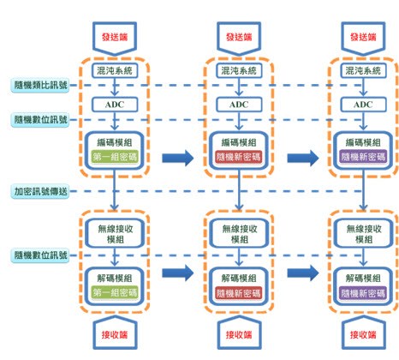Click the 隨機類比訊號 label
pyautogui.click(x=39, y=85)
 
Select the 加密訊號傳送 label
pyautogui.click(x=39, y=190)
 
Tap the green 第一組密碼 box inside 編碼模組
pyautogui.click(x=114, y=157)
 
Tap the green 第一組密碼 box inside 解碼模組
pyautogui.click(x=114, y=292)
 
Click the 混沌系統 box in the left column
pyautogui.click(x=114, y=71)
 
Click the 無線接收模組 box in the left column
pyautogui.click(x=114, y=234)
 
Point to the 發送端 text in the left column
pyautogui.click(x=114, y=38)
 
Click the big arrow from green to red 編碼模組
pyautogui.click(x=177, y=157)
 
